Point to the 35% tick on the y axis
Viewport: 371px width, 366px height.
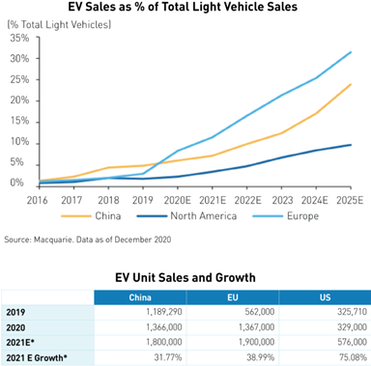17,38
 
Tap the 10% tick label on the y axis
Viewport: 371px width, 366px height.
17,141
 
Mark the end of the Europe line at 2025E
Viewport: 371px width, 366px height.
351,52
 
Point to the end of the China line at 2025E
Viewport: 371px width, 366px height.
351,84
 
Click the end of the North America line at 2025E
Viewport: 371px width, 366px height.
351,145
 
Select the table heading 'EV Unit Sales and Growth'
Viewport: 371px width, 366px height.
185,278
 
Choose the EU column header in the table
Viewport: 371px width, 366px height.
232,297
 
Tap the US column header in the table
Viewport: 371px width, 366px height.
325,297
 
